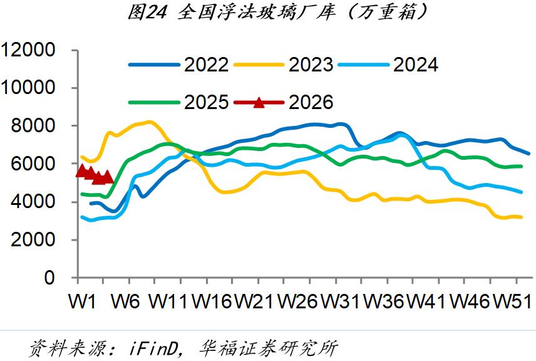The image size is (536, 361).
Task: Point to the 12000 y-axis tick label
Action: point(29,50)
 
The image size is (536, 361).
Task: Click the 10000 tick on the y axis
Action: point(29,88)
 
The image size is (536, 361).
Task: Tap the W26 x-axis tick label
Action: point(299,301)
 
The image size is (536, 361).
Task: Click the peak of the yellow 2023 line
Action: point(148,122)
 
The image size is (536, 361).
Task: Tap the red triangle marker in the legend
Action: point(259,102)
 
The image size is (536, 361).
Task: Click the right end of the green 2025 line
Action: point(521,166)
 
